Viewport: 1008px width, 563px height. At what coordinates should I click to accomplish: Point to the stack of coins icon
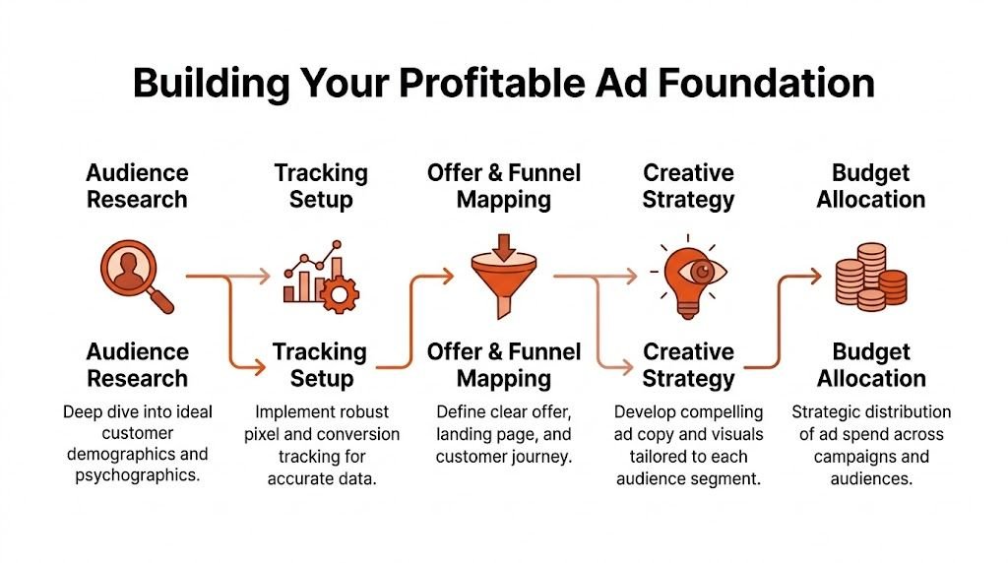click(870, 278)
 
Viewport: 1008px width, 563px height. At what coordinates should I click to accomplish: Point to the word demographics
click(137, 456)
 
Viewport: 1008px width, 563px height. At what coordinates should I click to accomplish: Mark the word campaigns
click(835, 457)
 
